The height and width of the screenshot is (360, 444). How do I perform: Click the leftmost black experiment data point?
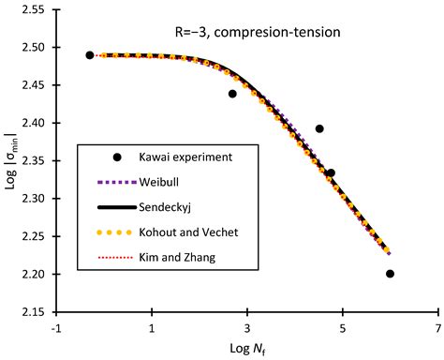90,55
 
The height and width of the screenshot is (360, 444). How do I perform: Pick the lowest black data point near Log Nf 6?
390,274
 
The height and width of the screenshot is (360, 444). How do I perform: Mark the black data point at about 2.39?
319,129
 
